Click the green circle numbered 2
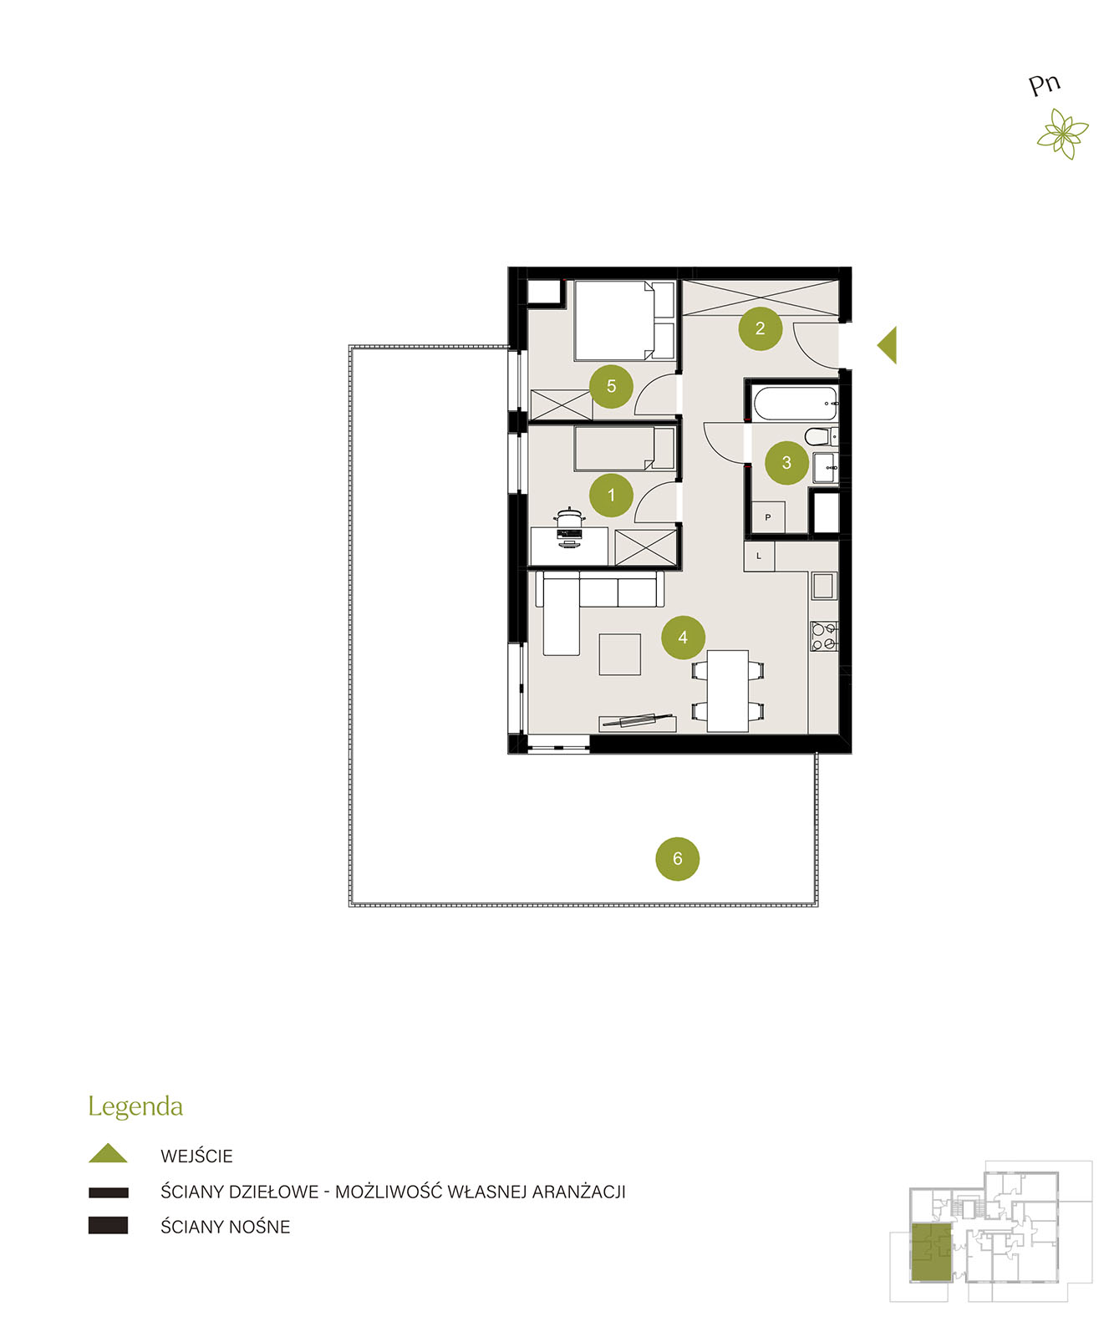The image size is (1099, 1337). pos(759,328)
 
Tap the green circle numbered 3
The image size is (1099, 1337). pos(786,463)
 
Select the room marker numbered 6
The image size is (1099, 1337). pos(677,859)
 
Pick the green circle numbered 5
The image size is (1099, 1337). pos(611,386)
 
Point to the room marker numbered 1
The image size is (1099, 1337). pos(611,496)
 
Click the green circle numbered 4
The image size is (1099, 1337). pos(682,637)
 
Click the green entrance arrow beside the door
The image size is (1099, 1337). pos(888,345)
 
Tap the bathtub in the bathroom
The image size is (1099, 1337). pos(796,404)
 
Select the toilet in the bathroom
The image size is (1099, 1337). pos(820,436)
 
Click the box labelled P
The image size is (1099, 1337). pos(767,517)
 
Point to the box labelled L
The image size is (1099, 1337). pos(759,556)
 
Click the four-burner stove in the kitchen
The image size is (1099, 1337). pos(823,637)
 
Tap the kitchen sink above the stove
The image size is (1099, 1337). pos(823,586)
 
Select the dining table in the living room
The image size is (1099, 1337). pos(727,691)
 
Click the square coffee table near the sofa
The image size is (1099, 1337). pos(619,654)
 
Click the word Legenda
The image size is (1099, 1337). pos(135,1107)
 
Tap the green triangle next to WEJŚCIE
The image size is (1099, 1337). pos(108,1153)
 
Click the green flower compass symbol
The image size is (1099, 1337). pos(1063,133)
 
